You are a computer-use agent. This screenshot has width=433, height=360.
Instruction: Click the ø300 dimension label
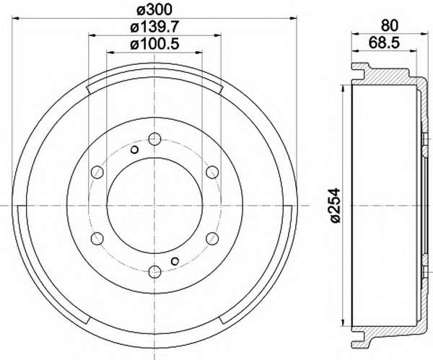point(154,10)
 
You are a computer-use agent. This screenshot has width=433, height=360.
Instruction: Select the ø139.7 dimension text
point(155,27)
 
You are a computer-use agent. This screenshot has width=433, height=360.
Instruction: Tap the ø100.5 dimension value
point(155,44)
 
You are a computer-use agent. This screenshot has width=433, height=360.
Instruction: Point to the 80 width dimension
point(390,26)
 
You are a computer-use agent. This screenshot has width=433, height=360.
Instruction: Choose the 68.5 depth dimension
point(384,43)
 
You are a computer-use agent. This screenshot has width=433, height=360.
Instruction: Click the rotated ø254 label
point(335,206)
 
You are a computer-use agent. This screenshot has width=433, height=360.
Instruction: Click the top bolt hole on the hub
point(154,139)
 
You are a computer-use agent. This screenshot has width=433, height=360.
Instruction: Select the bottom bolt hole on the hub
point(154,272)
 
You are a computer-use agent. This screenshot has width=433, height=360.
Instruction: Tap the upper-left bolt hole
point(97,172)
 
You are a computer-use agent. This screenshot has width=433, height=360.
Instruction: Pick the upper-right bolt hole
point(212,172)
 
